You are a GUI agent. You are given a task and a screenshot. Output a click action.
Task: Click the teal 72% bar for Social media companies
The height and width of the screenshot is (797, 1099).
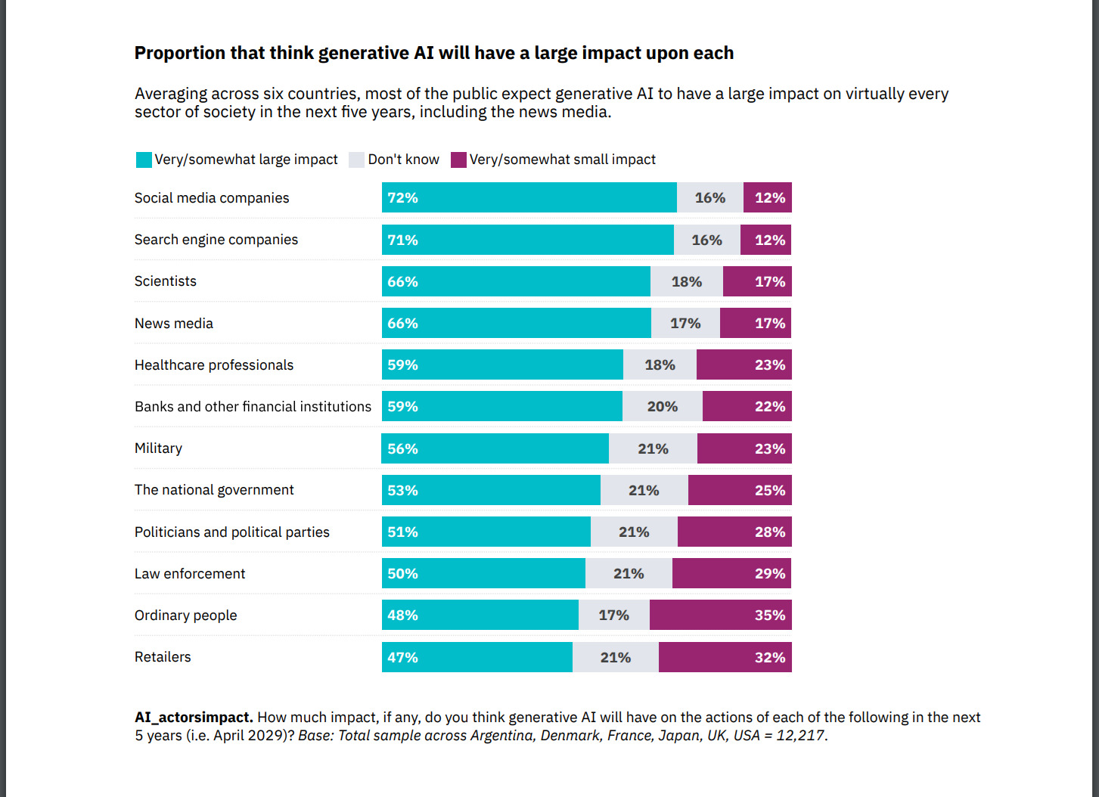coord(529,197)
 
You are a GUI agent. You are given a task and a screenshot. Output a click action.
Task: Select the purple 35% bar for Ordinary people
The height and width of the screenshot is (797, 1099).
coord(720,615)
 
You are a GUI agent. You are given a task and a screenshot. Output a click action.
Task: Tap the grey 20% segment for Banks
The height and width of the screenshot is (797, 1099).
coord(663,406)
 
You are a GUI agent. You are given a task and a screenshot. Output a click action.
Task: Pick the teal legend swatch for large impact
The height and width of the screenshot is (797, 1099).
coord(144,160)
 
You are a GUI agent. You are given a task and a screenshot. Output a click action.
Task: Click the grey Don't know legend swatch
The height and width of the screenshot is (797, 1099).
coord(356,160)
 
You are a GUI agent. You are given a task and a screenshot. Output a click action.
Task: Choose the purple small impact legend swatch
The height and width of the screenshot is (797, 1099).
coord(458,160)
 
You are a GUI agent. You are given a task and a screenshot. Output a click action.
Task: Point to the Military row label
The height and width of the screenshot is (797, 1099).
coord(158,448)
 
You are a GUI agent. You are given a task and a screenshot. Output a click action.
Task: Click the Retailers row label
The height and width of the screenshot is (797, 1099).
coord(163,657)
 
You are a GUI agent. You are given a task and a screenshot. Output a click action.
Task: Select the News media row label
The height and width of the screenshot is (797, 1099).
coord(174,324)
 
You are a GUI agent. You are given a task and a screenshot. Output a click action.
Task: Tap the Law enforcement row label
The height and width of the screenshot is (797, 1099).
coord(190,574)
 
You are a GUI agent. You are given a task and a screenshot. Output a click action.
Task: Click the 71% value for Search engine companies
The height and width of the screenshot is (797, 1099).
coord(402,240)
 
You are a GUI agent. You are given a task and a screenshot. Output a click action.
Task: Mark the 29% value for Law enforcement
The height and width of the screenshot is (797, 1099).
coord(770,573)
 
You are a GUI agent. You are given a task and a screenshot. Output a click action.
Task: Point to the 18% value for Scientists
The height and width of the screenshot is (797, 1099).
coord(687,281)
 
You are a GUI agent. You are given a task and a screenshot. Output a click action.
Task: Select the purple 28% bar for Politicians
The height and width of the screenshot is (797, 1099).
coord(734,532)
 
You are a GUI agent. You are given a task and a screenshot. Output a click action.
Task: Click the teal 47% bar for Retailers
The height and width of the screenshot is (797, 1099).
coord(477,657)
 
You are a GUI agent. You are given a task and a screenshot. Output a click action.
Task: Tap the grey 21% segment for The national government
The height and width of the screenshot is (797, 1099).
coord(644,490)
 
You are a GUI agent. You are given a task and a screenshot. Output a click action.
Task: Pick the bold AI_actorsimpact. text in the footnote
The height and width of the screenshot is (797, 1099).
coord(194,718)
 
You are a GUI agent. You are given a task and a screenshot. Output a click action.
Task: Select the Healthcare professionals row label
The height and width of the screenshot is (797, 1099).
coord(214,365)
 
